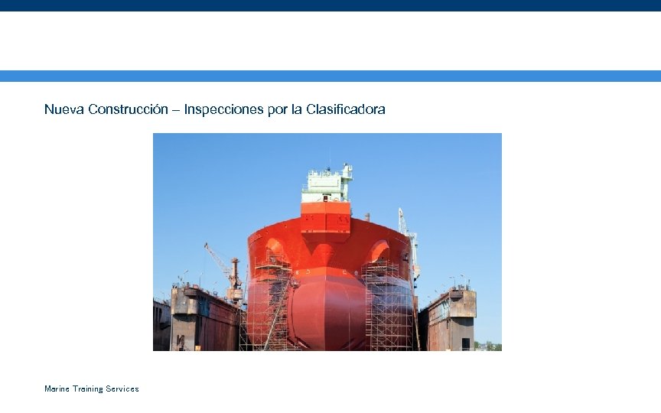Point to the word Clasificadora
coord(345,109)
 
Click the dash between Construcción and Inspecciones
coord(176,110)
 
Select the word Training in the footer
coord(88,389)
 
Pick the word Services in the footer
coord(123,389)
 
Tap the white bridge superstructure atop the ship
coord(327,184)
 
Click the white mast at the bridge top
coord(347,171)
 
